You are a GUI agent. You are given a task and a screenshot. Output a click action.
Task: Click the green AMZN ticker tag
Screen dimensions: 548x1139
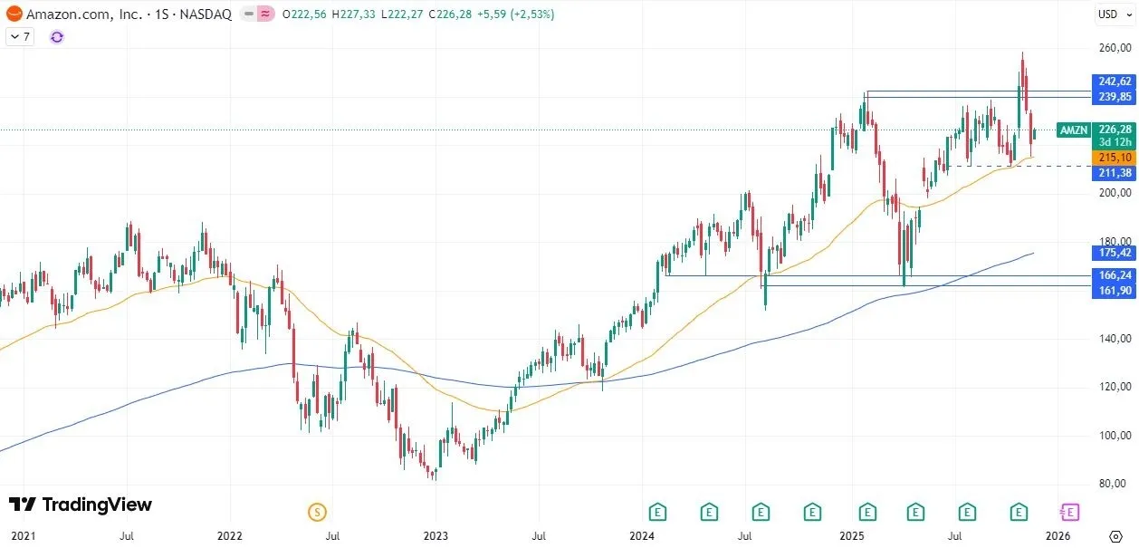[1074, 130]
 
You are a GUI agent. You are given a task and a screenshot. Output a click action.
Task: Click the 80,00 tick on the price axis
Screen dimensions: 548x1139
[1113, 483]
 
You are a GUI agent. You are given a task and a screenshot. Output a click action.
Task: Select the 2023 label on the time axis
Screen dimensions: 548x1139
[436, 536]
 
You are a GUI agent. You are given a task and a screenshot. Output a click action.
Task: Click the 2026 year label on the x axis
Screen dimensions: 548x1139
[1058, 536]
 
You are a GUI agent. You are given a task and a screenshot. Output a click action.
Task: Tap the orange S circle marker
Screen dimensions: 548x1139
[317, 513]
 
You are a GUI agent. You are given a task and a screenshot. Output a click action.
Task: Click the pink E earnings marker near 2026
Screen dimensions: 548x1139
[1070, 513]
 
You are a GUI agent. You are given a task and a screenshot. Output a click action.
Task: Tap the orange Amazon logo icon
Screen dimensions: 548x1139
[14, 14]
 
